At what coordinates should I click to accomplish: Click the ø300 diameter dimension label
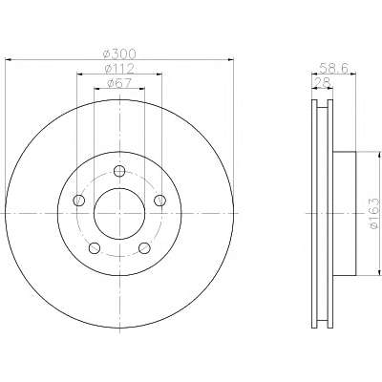coord(120,54)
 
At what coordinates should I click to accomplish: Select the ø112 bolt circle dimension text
coord(119,69)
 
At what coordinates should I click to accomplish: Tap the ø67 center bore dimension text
coord(119,83)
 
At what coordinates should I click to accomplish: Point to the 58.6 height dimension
coord(334,68)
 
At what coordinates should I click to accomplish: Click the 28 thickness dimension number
coord(322,83)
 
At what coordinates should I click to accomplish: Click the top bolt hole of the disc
coord(119,171)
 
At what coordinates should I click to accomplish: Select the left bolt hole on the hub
coord(79,201)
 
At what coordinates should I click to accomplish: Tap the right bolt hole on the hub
coord(159,201)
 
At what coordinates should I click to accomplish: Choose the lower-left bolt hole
coord(95,248)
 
